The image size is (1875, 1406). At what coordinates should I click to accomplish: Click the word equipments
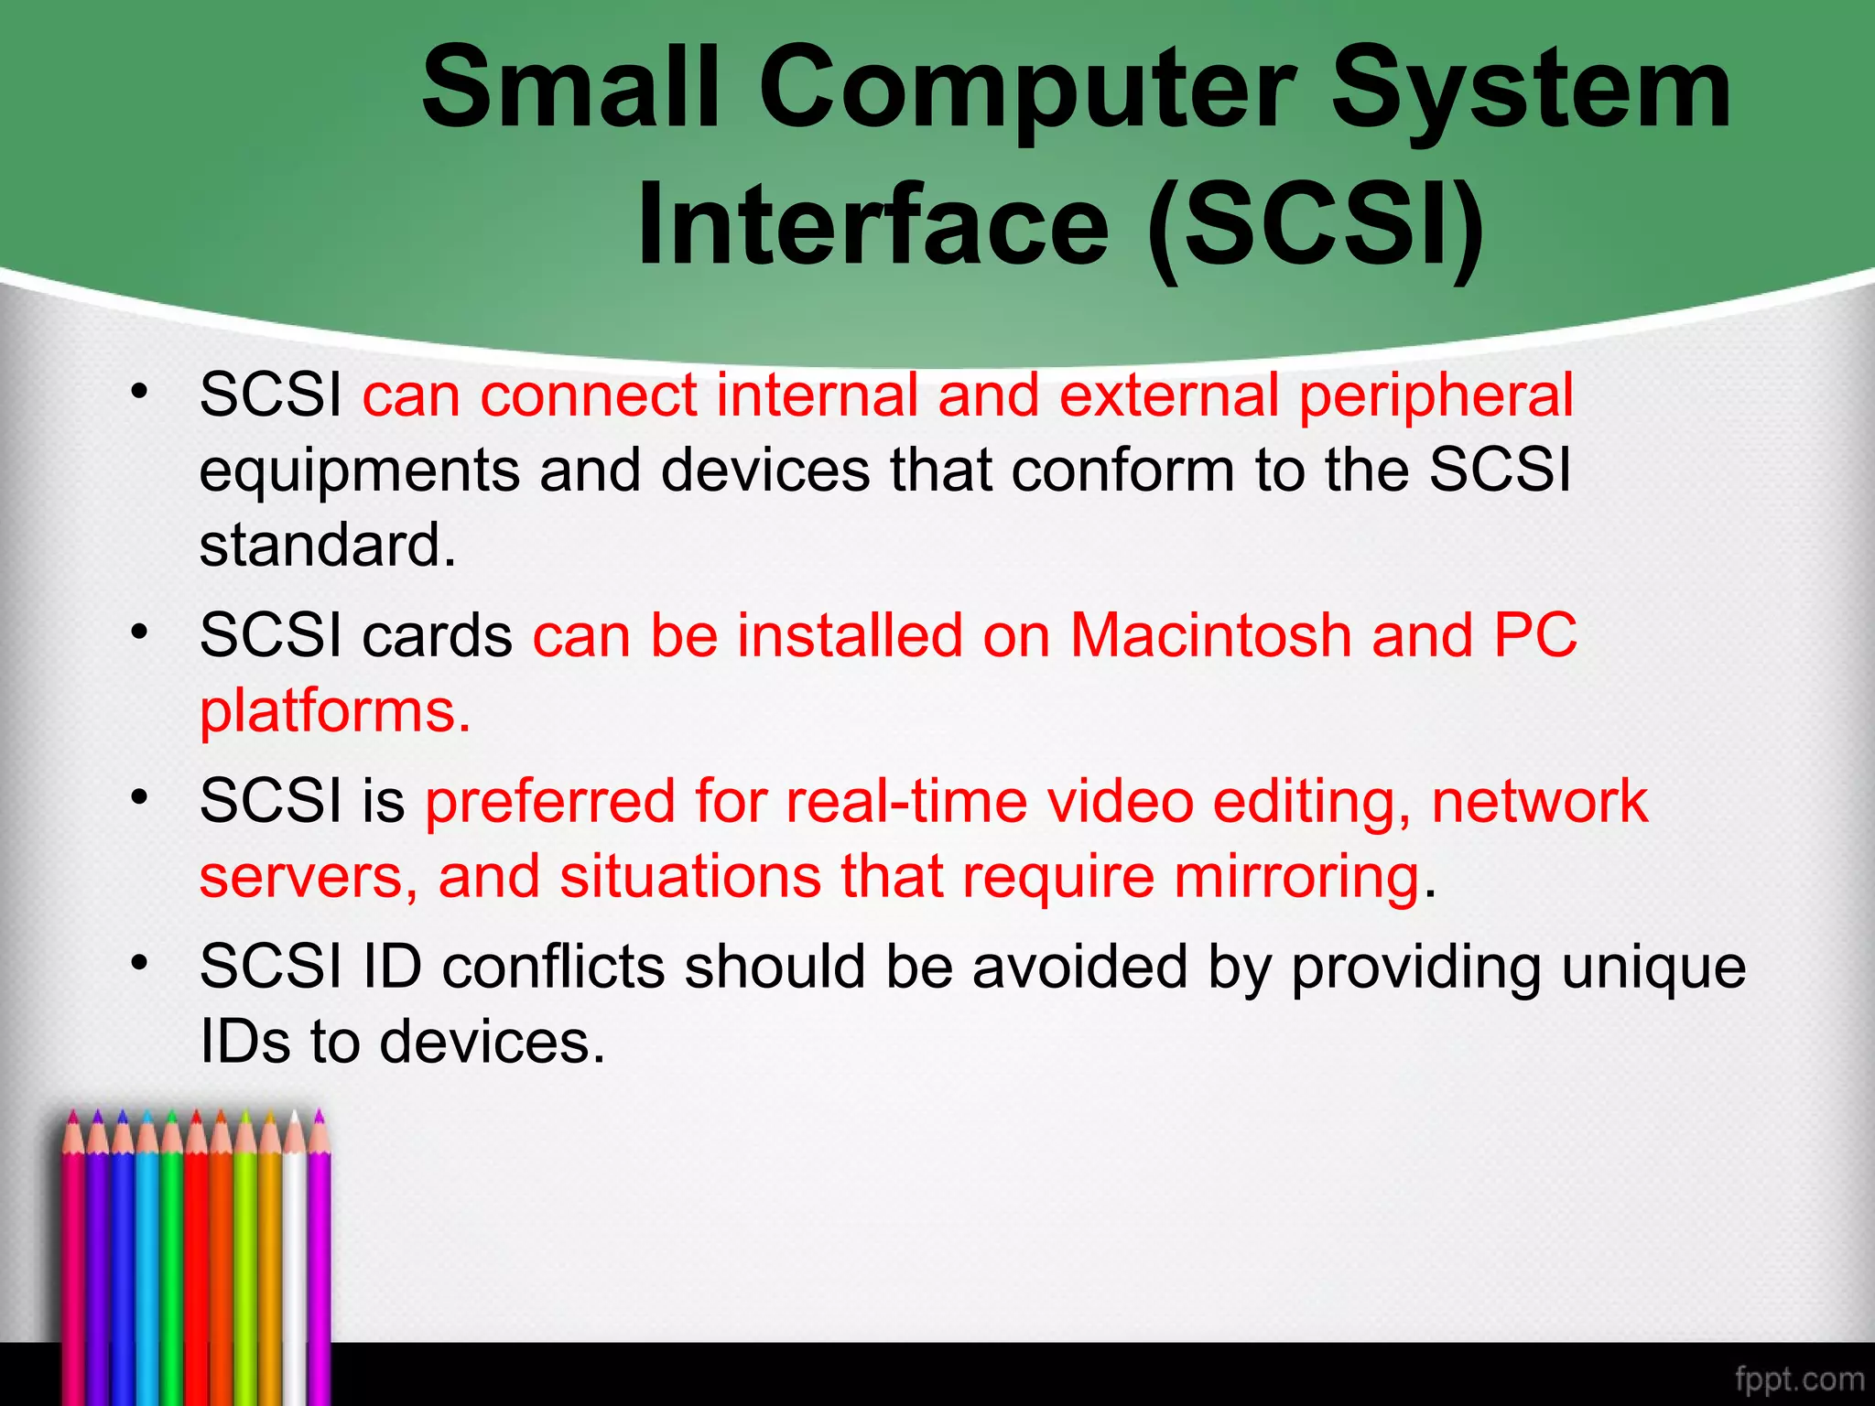[359, 472]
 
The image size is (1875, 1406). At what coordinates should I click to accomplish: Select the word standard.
[327, 546]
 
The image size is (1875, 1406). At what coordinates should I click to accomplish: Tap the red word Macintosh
[1209, 635]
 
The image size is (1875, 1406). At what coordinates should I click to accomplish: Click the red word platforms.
[334, 711]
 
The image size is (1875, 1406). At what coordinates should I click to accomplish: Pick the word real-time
[905, 802]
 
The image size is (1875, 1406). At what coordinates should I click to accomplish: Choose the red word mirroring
[1295, 877]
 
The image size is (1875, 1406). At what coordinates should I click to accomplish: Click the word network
[1539, 802]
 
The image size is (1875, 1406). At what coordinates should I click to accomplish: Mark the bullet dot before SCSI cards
[139, 632]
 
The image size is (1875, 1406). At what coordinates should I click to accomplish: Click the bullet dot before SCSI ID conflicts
[139, 963]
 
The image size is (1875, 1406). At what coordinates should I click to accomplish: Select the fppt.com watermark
[1798, 1379]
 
